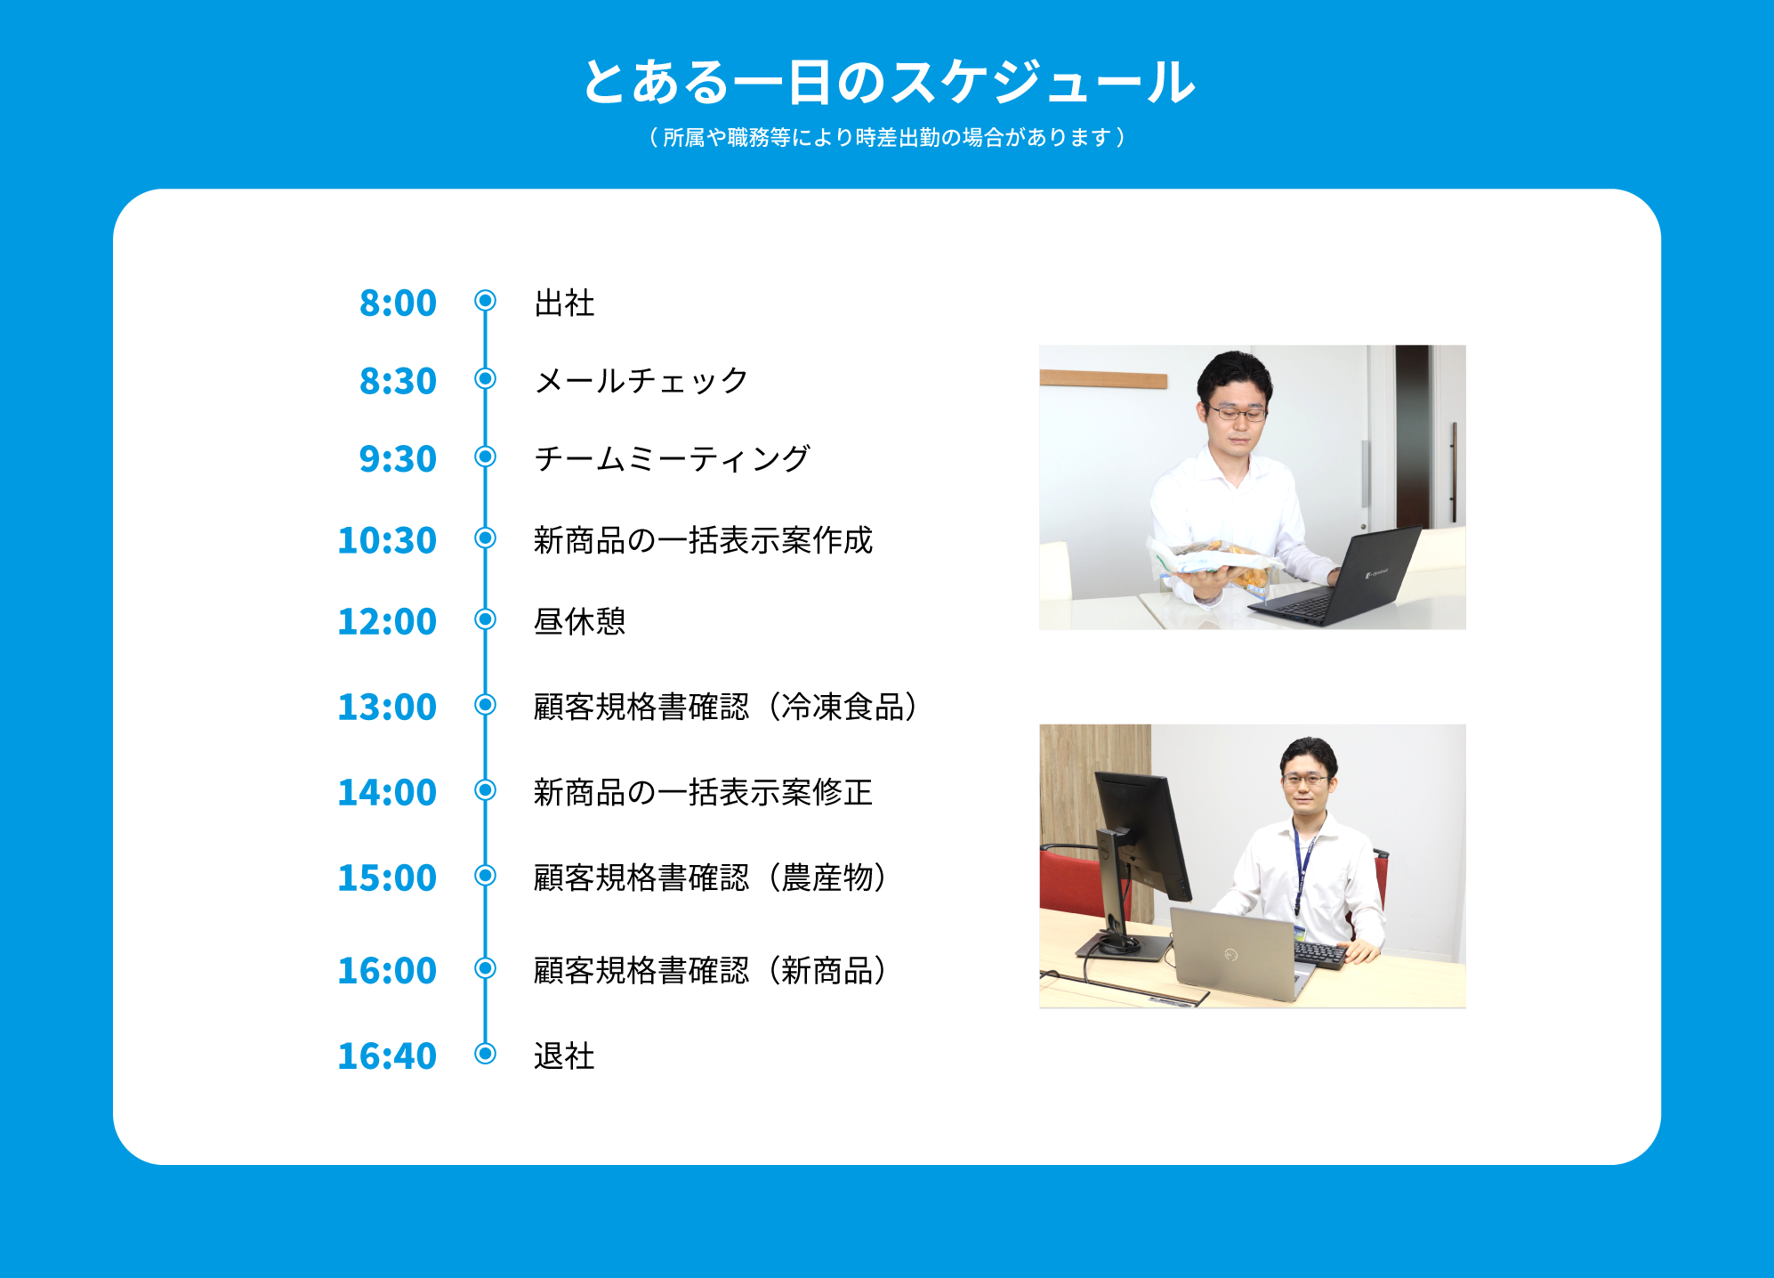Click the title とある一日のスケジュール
click(x=888, y=82)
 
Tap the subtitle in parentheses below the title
click(x=887, y=137)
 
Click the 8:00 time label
click(x=398, y=303)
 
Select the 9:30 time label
click(x=398, y=459)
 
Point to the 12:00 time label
click(x=387, y=621)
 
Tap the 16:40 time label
click(x=387, y=1056)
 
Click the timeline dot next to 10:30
click(x=485, y=538)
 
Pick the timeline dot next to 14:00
click(x=485, y=789)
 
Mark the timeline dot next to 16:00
click(x=485, y=967)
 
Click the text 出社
click(x=564, y=303)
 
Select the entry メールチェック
click(x=641, y=381)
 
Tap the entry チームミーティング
click(x=673, y=459)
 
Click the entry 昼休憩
click(x=580, y=621)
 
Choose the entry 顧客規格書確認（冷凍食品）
click(x=726, y=707)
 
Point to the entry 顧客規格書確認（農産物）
click(x=711, y=878)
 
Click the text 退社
click(x=564, y=1056)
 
